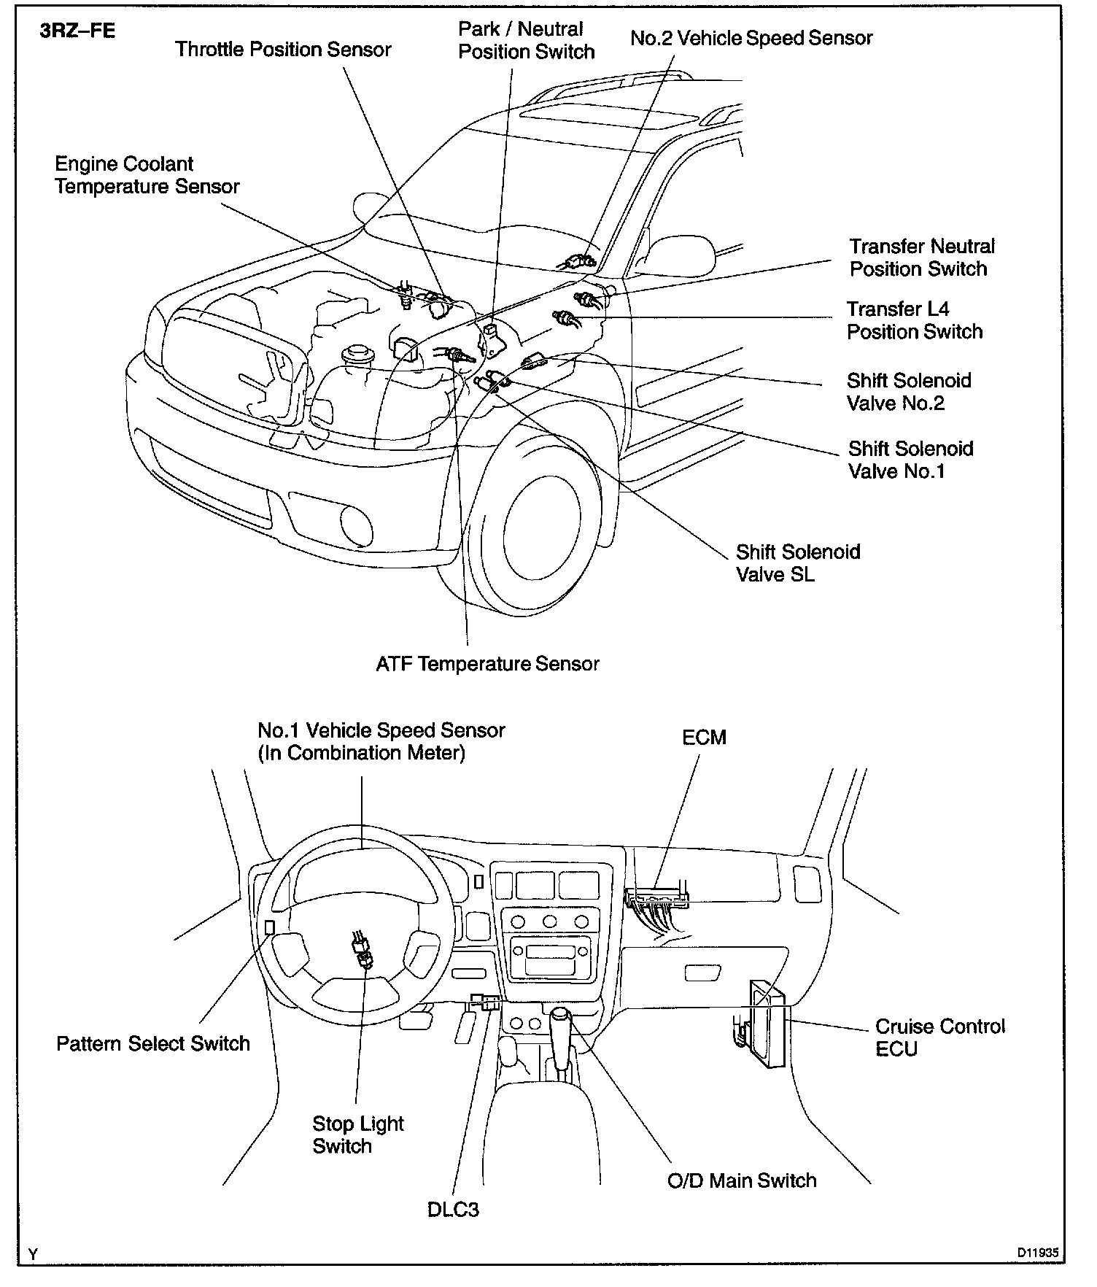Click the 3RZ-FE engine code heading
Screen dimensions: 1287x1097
77,33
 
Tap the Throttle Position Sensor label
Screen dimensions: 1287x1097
283,50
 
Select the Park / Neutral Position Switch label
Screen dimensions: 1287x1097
526,41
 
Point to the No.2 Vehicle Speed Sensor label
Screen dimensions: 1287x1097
751,39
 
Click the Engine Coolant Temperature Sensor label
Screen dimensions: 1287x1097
147,175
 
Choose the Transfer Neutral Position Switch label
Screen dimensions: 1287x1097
921,258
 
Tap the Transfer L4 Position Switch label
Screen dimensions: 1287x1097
914,320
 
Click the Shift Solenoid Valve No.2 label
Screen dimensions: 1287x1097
908,392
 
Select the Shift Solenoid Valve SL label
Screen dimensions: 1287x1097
797,563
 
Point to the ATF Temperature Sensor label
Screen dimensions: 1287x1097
487,664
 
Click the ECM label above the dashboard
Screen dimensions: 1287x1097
704,738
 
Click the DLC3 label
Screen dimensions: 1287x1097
453,1210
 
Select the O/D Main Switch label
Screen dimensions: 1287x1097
742,1180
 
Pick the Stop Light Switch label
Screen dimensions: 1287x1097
357,1135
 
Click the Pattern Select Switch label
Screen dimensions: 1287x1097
153,1043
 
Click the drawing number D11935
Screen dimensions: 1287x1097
1038,1252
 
